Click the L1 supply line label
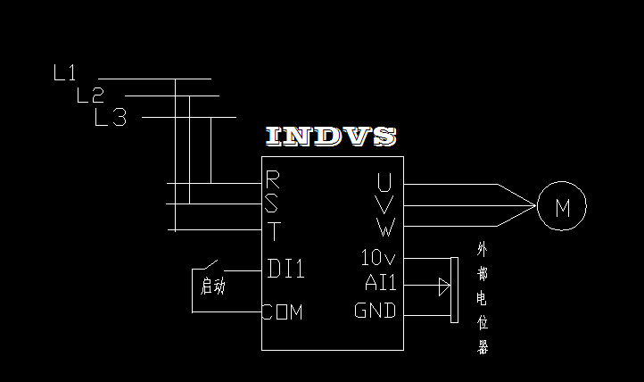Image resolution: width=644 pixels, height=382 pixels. [x=65, y=74]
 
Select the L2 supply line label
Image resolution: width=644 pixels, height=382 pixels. [x=90, y=95]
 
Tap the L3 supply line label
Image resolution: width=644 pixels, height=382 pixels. [x=111, y=117]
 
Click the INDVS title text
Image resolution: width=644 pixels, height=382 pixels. [x=331, y=137]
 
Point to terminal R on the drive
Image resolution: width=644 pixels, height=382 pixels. [x=273, y=179]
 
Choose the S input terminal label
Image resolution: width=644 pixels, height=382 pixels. [x=273, y=204]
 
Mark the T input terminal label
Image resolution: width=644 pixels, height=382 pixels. [x=273, y=232]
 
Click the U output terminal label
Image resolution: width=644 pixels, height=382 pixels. [x=384, y=184]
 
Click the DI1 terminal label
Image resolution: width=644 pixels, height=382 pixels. [x=286, y=269]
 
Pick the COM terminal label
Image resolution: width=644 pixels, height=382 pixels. [x=283, y=312]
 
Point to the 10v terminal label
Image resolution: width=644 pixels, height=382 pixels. [x=378, y=258]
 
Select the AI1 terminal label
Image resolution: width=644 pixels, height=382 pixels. [x=381, y=284]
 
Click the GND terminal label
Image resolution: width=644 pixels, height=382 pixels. [x=376, y=311]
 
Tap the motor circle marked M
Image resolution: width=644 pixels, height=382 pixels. [x=562, y=208]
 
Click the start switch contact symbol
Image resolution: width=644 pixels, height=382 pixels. [x=209, y=266]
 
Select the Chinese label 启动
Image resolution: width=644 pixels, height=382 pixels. [x=213, y=286]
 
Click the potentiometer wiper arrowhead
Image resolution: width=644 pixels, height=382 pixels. [x=443, y=286]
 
